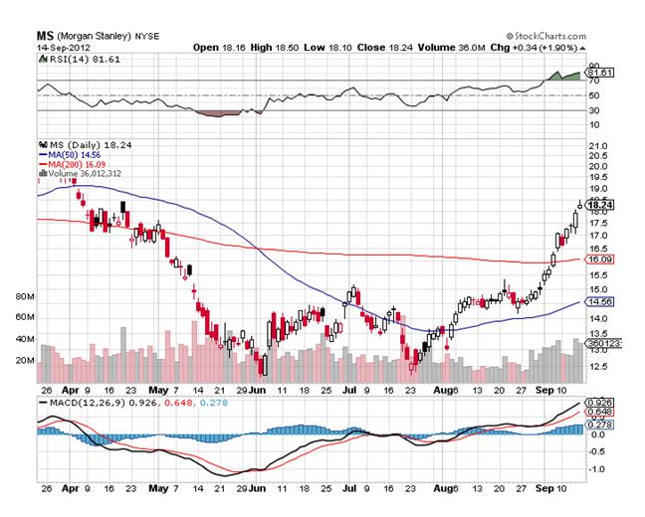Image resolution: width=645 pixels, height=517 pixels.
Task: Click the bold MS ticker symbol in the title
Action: tap(46, 32)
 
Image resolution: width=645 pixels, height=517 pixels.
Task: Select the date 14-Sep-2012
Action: tap(62, 46)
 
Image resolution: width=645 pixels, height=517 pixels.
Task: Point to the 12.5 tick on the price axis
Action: tap(599, 366)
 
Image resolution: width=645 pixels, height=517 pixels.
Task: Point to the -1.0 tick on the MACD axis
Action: tap(598, 469)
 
